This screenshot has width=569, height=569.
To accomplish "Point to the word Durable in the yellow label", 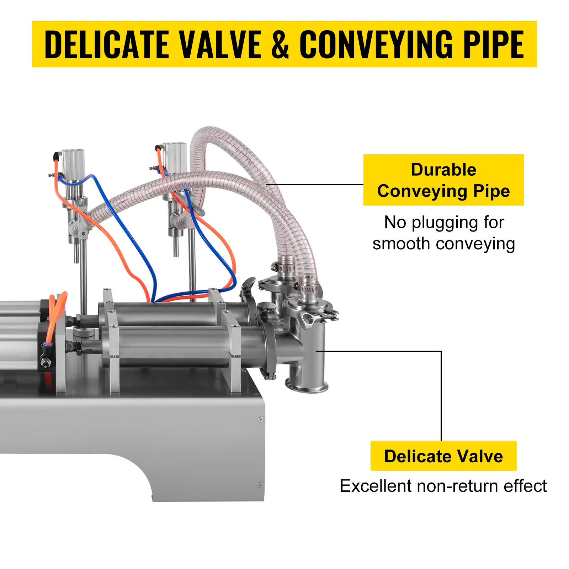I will [x=443, y=170].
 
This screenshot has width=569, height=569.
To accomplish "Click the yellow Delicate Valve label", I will [x=443, y=456].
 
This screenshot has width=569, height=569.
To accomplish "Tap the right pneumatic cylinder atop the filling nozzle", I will [x=175, y=157].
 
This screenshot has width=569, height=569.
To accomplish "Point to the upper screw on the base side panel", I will [x=261, y=420].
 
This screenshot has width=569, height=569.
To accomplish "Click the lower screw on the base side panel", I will [x=260, y=485].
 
